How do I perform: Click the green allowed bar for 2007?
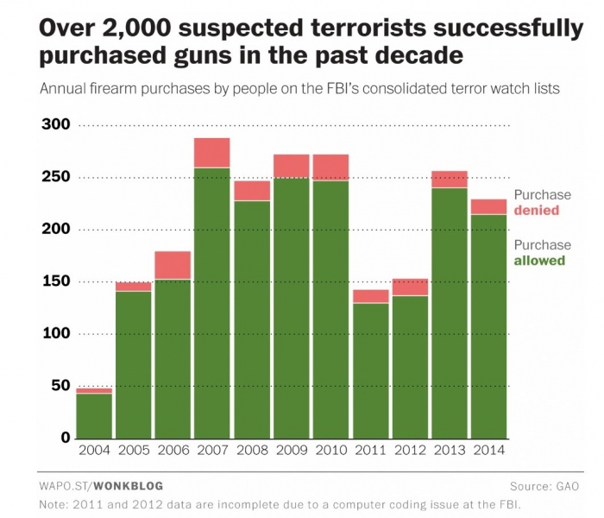click(211, 302)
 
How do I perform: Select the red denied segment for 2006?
click(172, 265)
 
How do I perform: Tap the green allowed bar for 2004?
click(93, 415)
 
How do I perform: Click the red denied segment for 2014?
click(488, 206)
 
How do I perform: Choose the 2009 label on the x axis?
click(291, 450)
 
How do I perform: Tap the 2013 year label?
click(449, 450)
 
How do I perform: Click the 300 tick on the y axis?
click(55, 125)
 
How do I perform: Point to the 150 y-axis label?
click(55, 281)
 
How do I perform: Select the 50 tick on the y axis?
click(60, 386)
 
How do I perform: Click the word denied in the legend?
click(537, 210)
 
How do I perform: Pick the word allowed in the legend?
click(540, 260)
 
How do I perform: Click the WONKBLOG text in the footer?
click(128, 485)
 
